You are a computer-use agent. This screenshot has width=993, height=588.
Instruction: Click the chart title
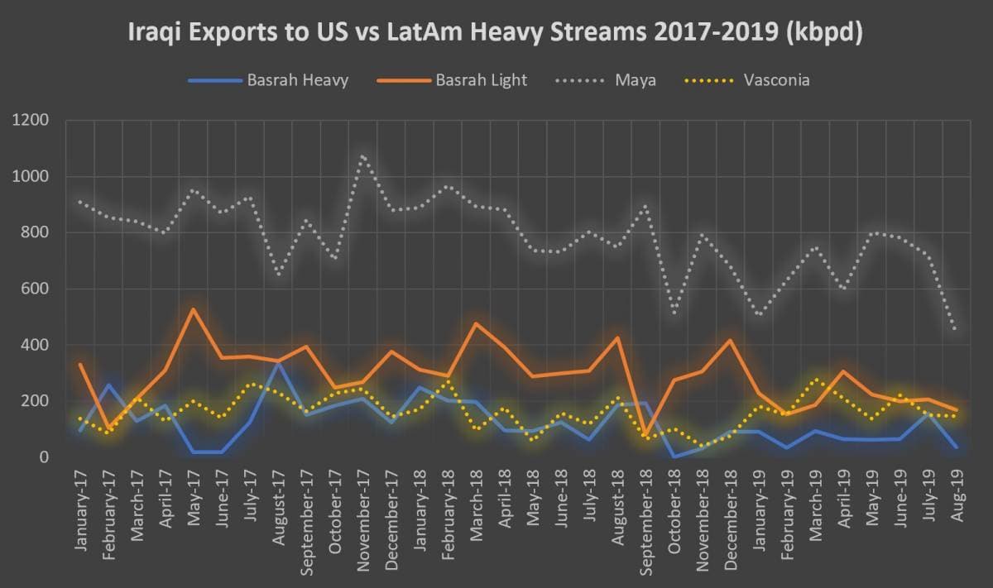coord(496,33)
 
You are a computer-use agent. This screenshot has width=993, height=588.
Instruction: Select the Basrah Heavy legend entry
coord(296,80)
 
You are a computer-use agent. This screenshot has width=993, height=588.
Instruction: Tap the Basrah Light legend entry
coord(481,80)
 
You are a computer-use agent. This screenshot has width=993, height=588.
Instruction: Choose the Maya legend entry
coord(636,80)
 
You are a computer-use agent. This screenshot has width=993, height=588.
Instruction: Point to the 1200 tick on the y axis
coord(32,121)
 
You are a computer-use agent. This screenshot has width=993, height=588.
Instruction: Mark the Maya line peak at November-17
coord(362,155)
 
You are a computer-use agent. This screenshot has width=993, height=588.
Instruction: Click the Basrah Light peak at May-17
coord(194,309)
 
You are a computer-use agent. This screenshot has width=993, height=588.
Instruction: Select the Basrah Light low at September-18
coord(645,433)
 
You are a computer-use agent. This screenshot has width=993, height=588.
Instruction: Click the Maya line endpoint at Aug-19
coord(957,329)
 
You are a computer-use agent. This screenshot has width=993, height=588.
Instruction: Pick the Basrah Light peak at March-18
coord(476,323)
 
